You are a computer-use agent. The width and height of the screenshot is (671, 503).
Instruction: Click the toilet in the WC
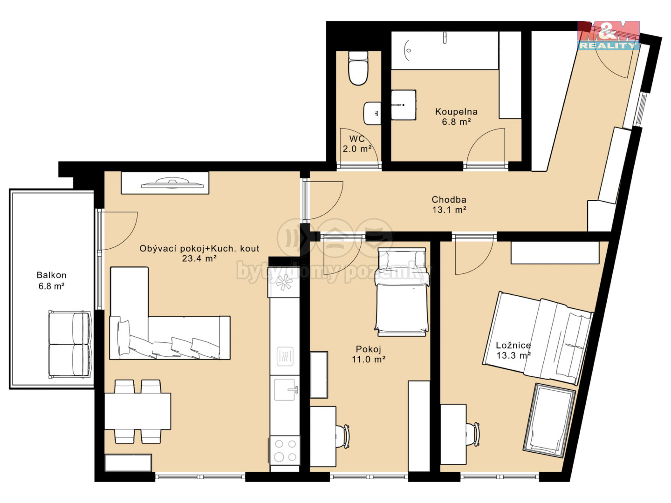click(x=358, y=68)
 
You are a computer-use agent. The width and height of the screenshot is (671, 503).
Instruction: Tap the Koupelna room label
click(x=456, y=112)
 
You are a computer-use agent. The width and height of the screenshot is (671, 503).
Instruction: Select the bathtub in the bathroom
click(x=445, y=50)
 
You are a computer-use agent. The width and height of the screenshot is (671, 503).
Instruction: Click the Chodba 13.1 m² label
click(x=449, y=204)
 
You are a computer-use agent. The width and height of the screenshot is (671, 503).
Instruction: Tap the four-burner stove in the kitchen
click(x=285, y=450)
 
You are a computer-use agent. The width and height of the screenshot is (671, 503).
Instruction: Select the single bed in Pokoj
click(x=402, y=292)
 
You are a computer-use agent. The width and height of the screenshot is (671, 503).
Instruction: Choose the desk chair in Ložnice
click(x=473, y=434)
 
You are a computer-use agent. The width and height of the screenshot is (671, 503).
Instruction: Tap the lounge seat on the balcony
click(x=70, y=345)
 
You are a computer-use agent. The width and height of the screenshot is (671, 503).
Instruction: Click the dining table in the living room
click(x=137, y=411)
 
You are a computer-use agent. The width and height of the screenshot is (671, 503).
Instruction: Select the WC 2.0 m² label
click(x=357, y=144)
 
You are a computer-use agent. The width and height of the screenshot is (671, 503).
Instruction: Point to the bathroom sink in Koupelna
click(x=404, y=105)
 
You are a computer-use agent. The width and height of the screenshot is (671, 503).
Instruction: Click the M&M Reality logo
click(x=609, y=35)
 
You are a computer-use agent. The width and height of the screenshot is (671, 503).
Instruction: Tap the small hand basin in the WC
click(x=372, y=113)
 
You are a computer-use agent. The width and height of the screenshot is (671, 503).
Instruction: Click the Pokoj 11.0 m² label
click(x=369, y=354)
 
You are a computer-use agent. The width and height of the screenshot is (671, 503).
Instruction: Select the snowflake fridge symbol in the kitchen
click(x=284, y=282)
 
